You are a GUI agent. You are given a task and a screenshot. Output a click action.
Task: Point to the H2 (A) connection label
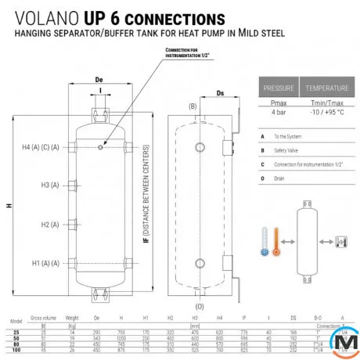(49, 224)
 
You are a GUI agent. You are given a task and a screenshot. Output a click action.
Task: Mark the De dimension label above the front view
(99, 79)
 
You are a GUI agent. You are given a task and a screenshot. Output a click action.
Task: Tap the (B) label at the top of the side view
(192, 105)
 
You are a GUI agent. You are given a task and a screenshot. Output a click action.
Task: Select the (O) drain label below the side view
(200, 306)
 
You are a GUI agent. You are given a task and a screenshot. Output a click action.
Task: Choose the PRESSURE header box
(279, 88)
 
